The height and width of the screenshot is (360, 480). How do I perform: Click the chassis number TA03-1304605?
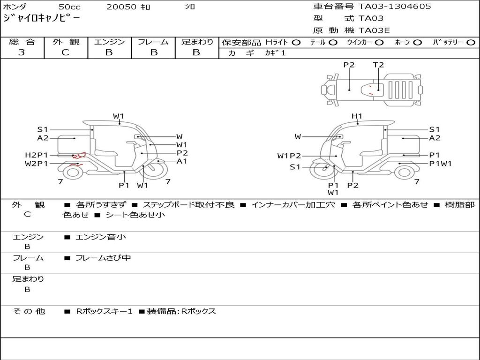(x=395, y=7)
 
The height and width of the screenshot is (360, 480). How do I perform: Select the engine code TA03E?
(x=374, y=30)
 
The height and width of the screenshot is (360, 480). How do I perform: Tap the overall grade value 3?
(x=22, y=52)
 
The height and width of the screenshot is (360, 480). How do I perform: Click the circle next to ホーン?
(x=418, y=42)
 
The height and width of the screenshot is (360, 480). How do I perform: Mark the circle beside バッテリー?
(x=471, y=42)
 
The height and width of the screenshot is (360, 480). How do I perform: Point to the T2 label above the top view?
(x=378, y=65)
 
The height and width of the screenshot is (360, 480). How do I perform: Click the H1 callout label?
(x=357, y=116)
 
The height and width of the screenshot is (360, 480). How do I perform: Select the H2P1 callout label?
(x=36, y=155)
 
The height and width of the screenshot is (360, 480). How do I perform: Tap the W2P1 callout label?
(x=36, y=164)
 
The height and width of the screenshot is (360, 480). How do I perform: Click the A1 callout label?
(x=182, y=161)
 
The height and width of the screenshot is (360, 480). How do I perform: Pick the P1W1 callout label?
(x=440, y=164)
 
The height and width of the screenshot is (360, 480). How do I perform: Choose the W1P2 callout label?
(x=289, y=156)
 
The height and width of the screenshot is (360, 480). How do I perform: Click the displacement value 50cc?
(x=69, y=7)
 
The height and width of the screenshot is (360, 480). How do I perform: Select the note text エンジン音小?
(x=101, y=237)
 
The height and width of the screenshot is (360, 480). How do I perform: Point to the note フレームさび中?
(x=103, y=258)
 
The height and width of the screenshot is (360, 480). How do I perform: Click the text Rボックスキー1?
(x=105, y=311)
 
